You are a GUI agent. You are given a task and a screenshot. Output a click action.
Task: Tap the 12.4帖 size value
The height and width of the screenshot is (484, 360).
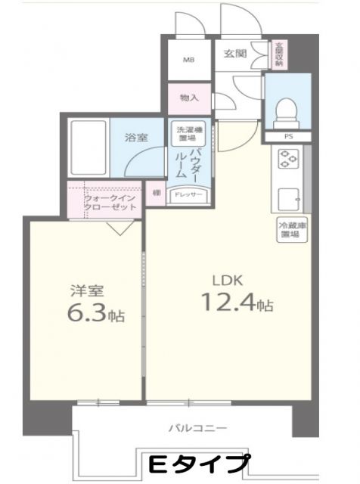[236, 305]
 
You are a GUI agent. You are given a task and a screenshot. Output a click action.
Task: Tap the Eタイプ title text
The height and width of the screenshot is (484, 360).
[199, 462]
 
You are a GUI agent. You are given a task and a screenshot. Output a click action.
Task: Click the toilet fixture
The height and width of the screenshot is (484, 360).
[287, 113]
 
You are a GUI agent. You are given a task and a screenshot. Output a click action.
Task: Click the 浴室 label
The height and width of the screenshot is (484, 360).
[136, 137]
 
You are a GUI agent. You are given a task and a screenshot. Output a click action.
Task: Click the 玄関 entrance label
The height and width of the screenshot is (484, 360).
[235, 53]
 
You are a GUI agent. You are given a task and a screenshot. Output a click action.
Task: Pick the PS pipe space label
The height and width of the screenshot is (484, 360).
[287, 136]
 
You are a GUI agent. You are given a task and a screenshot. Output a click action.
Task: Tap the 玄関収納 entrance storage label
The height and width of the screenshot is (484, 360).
[279, 54]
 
